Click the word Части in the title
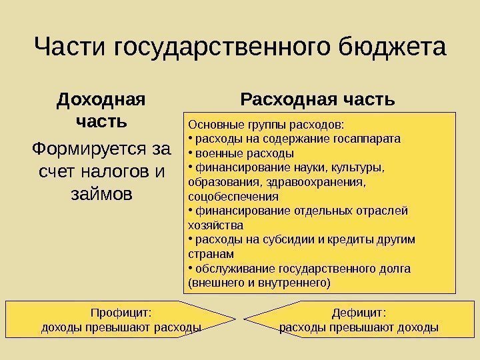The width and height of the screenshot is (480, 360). pyautogui.click(x=71, y=48)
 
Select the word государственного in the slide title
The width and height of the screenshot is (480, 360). pyautogui.click(x=218, y=49)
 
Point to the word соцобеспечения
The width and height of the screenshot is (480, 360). pyautogui.click(x=233, y=197)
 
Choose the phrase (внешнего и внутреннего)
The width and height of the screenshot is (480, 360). pyautogui.click(x=259, y=283)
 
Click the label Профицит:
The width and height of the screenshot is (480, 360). pyautogui.click(x=121, y=312)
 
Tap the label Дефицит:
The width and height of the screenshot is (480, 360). pyautogui.click(x=359, y=312)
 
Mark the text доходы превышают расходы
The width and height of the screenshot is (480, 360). pyautogui.click(x=121, y=327)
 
